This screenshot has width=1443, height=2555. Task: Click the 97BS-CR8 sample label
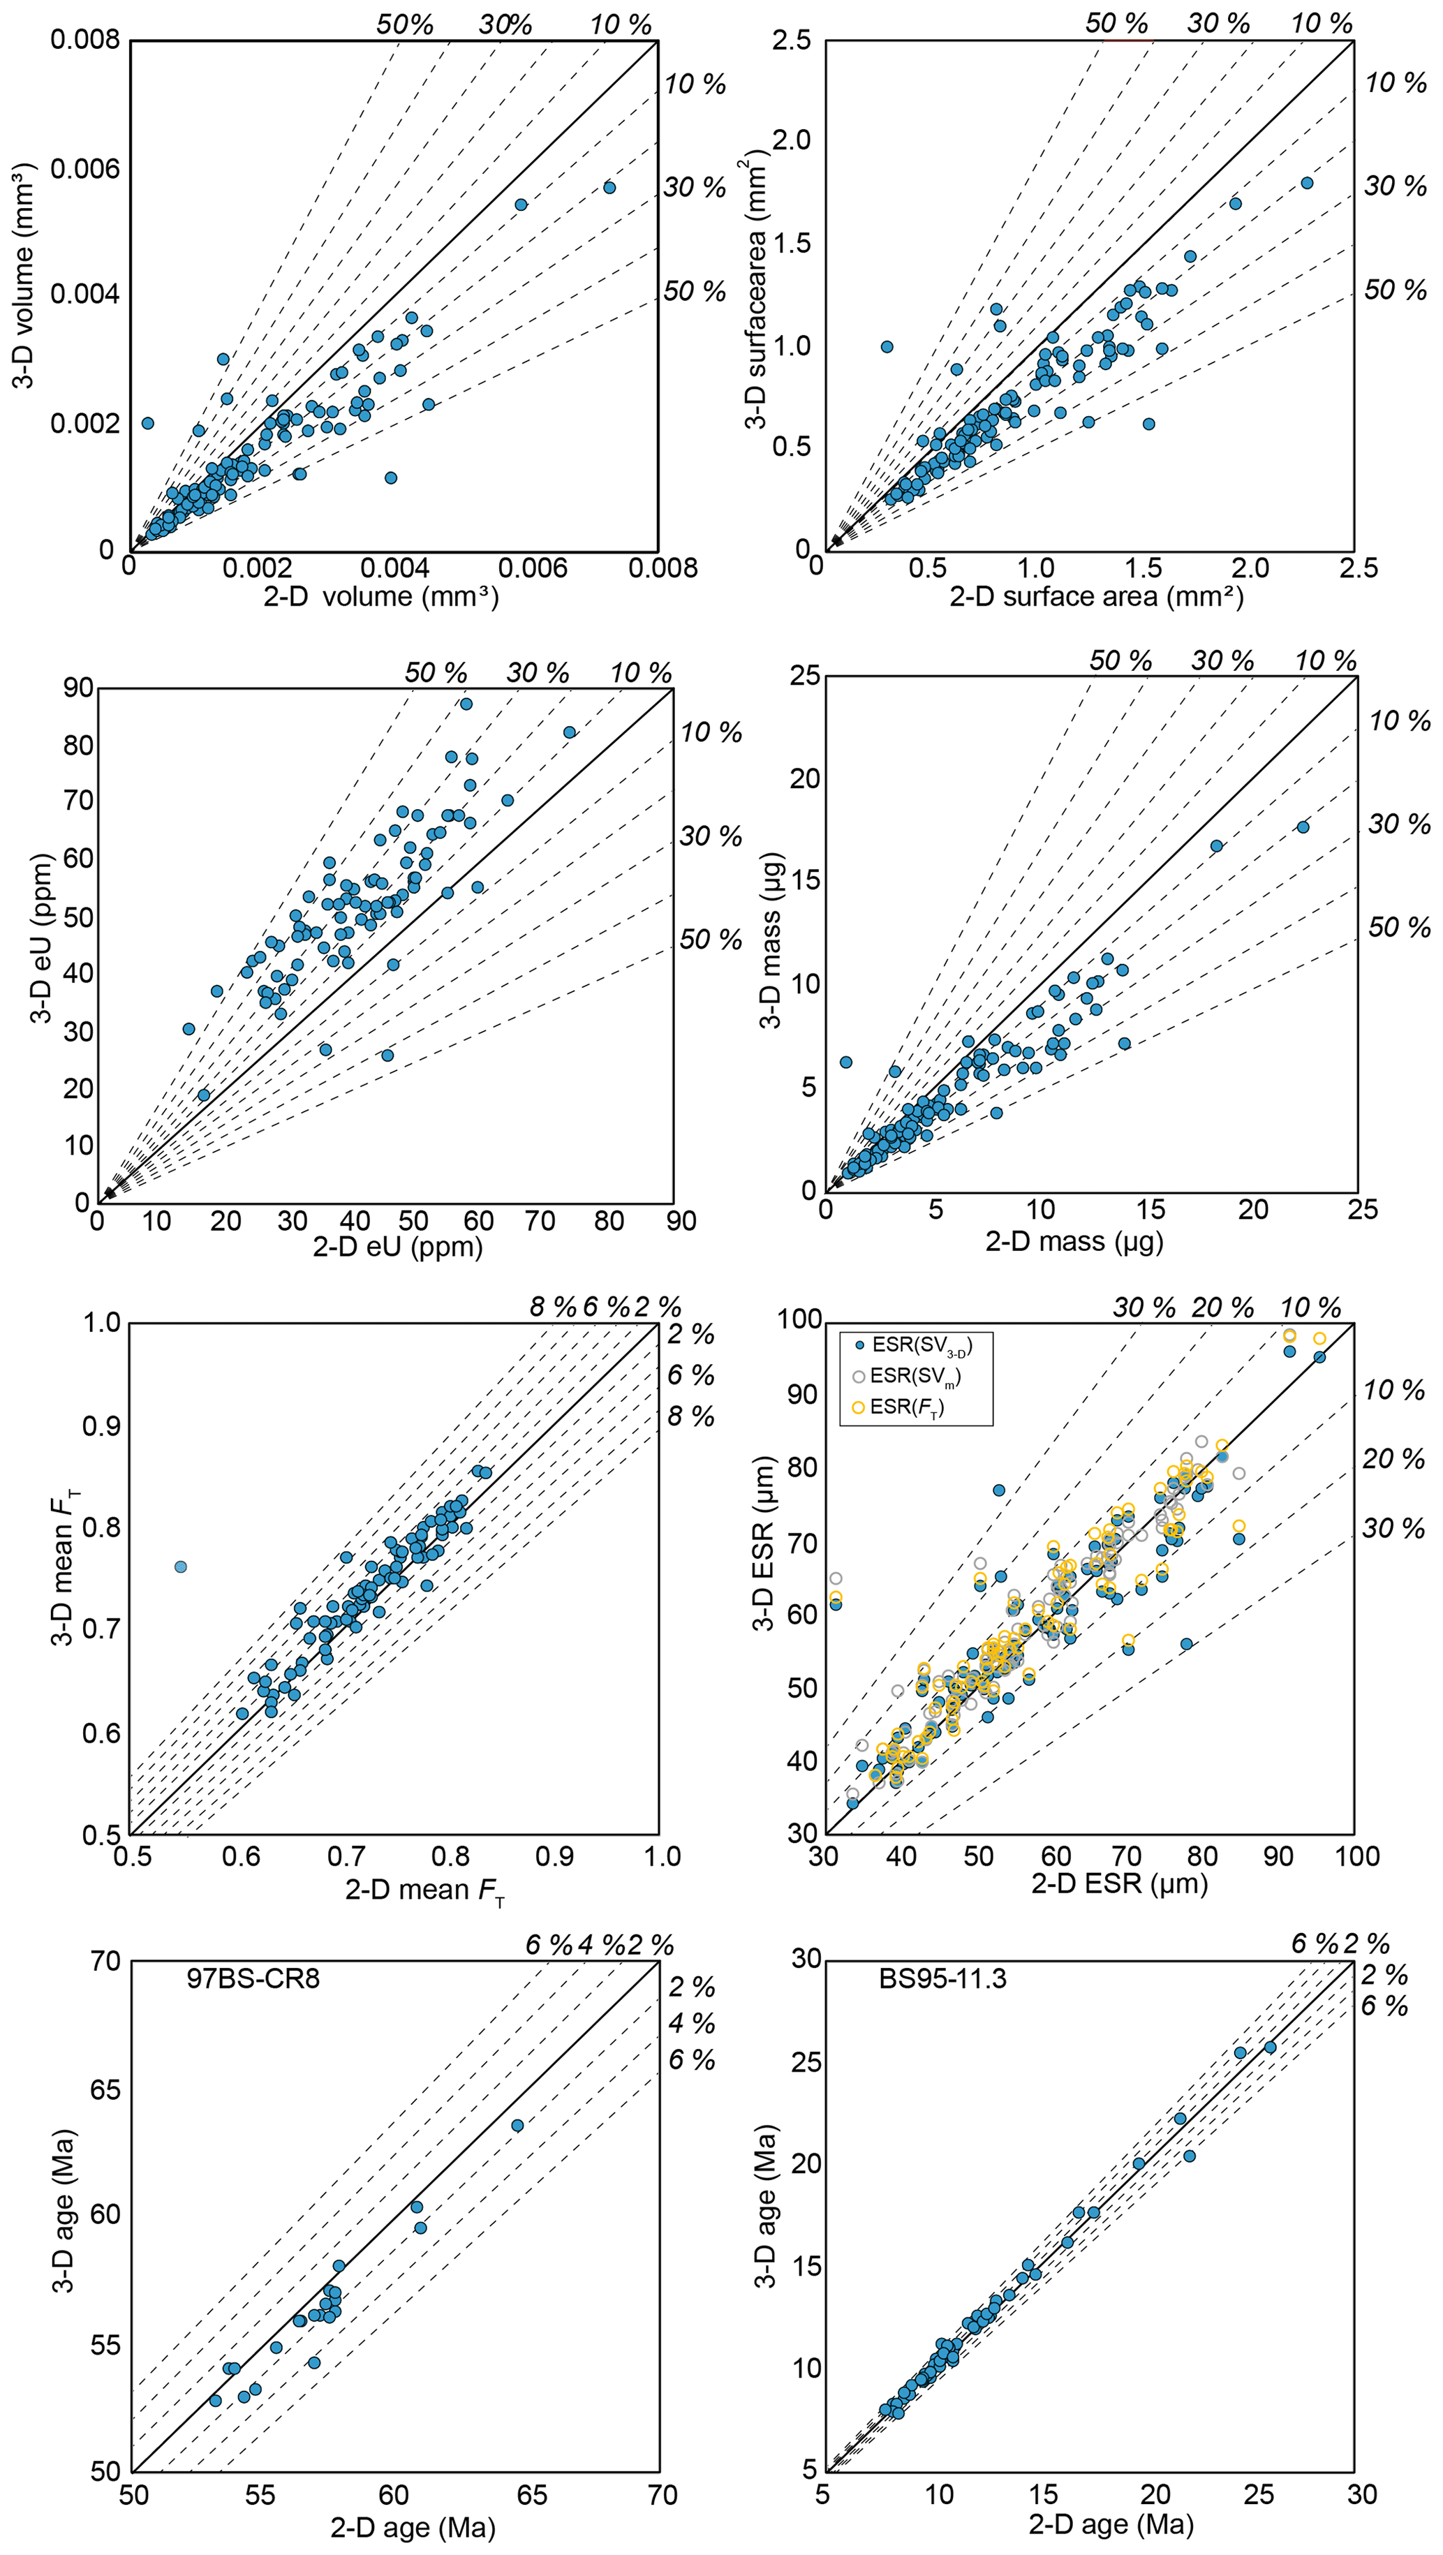tap(253, 1979)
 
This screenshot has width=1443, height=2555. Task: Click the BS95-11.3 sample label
tap(942, 1979)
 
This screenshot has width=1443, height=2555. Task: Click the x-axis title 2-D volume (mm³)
tap(381, 597)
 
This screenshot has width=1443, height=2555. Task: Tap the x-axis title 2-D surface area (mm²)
tap(1096, 597)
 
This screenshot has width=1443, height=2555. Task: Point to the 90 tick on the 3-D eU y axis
tap(78, 688)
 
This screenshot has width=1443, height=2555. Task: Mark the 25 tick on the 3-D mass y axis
tap(806, 676)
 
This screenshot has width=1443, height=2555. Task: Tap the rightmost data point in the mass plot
tap(1303, 827)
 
